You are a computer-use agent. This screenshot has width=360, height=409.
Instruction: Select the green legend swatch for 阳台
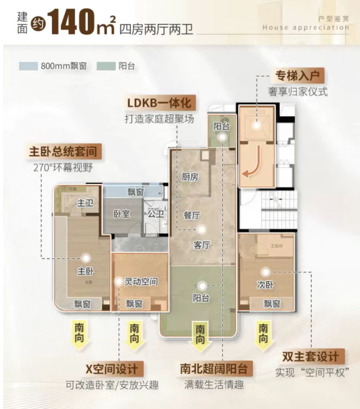[105, 66]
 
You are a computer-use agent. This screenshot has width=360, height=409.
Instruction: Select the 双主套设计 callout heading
[311, 357]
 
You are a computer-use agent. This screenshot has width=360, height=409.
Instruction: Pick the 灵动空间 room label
[140, 282]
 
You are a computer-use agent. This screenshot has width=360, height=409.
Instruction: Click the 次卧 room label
[264, 284]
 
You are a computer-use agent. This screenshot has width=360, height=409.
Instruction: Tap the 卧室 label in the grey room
[122, 214]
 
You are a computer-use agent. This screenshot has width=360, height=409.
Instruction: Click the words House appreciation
[305, 28]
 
